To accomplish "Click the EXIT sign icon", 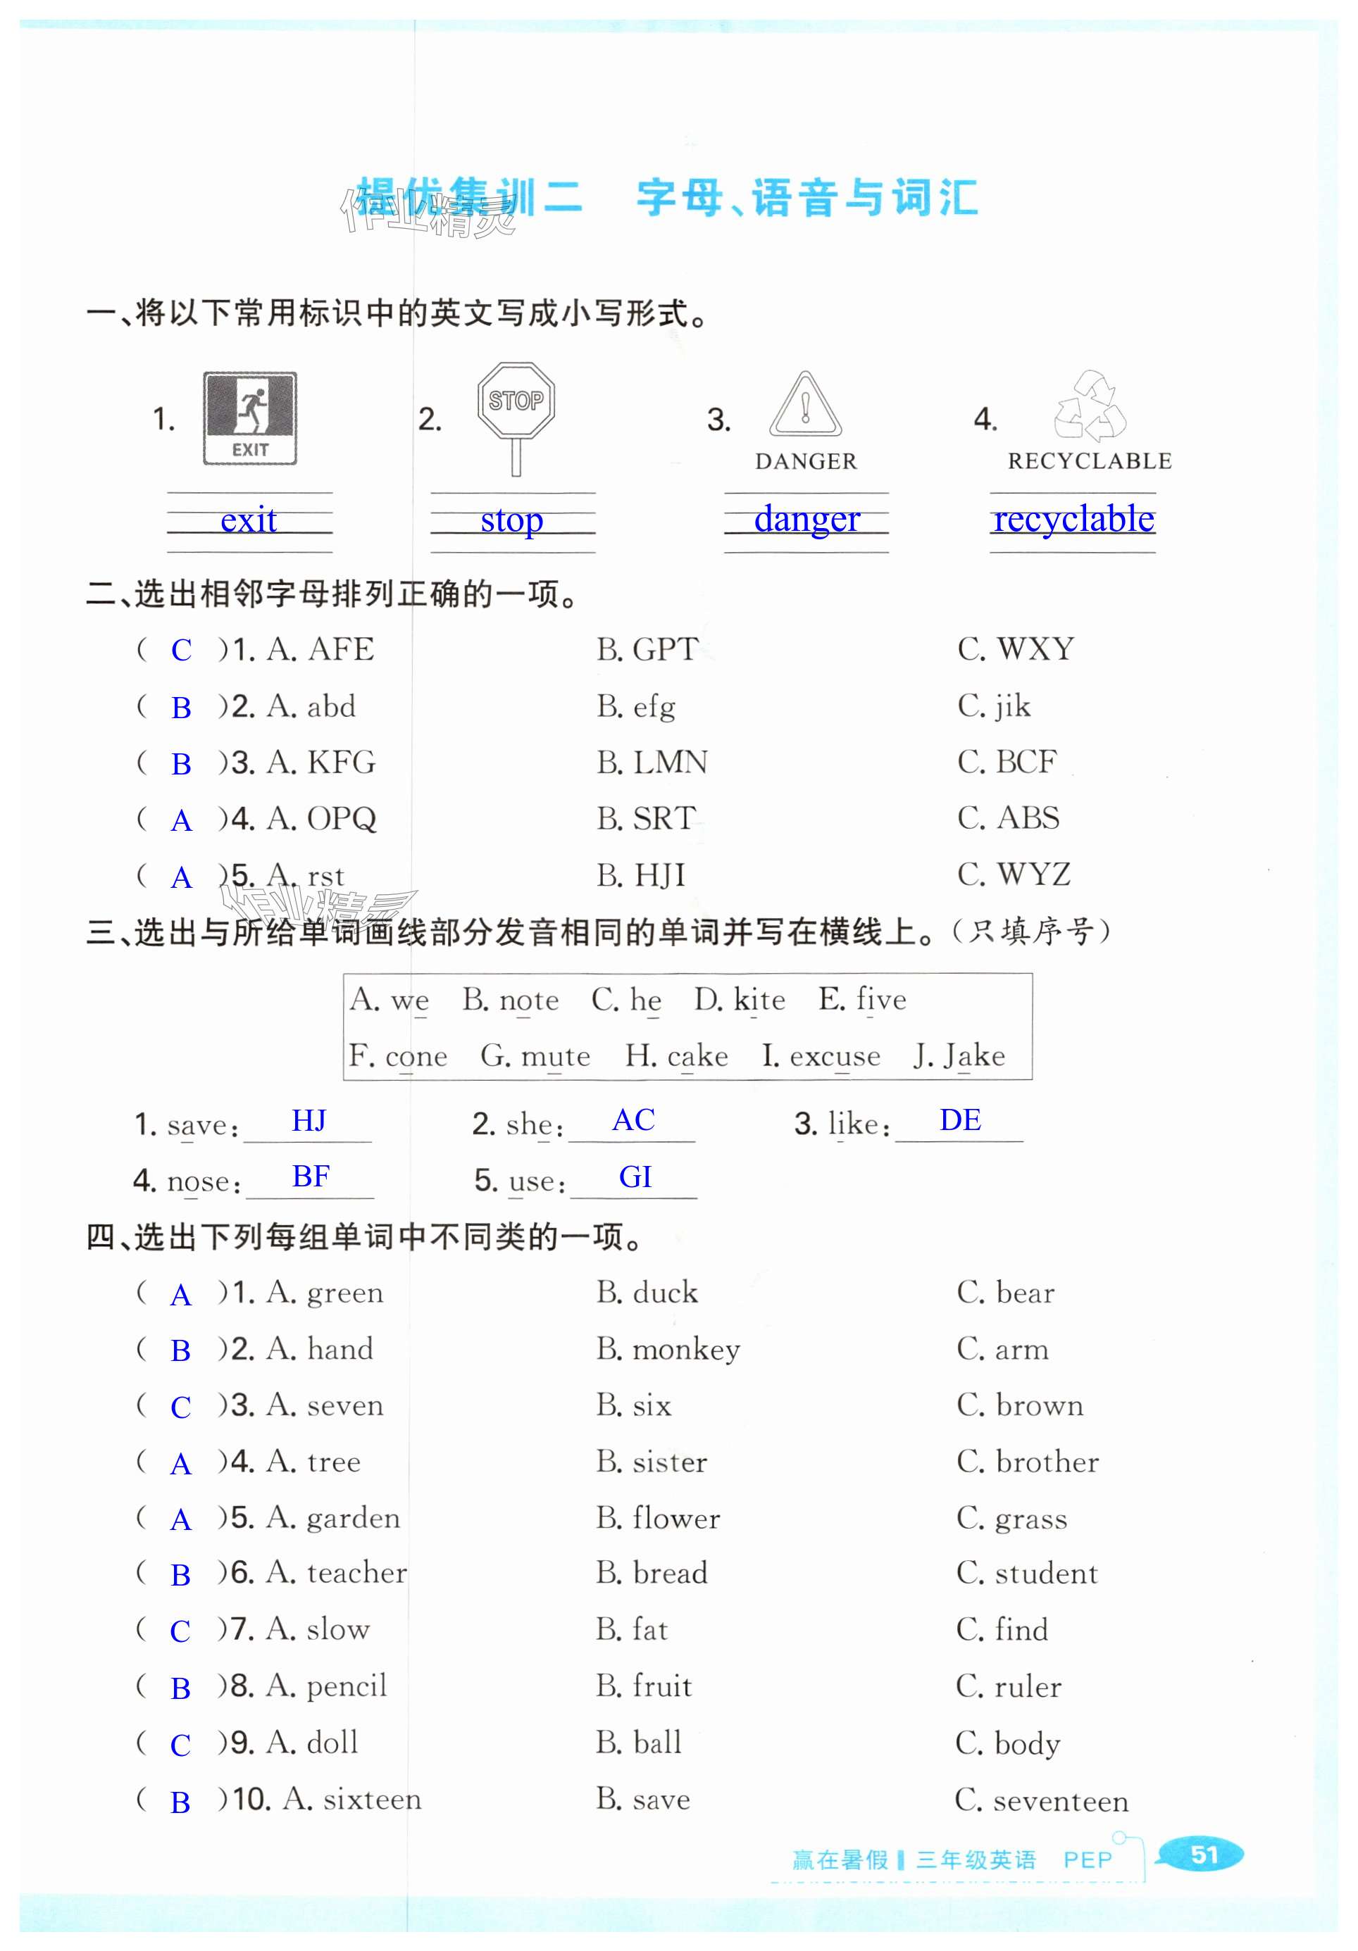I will (x=250, y=418).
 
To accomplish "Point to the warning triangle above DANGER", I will (x=805, y=406).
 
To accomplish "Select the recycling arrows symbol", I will (x=1090, y=407).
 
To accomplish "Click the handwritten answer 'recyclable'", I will (x=1073, y=518).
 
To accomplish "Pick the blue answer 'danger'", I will (x=806, y=518).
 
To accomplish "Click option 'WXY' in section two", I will (x=1035, y=649).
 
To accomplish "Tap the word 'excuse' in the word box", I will (x=835, y=1055).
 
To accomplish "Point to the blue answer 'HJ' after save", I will (x=309, y=1121).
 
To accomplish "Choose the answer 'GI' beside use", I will (x=635, y=1177).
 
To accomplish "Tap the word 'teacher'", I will (x=357, y=1573).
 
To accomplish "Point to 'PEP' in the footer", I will (x=1087, y=1860).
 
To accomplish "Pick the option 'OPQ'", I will (x=341, y=818).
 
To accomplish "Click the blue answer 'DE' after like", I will (x=960, y=1120).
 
